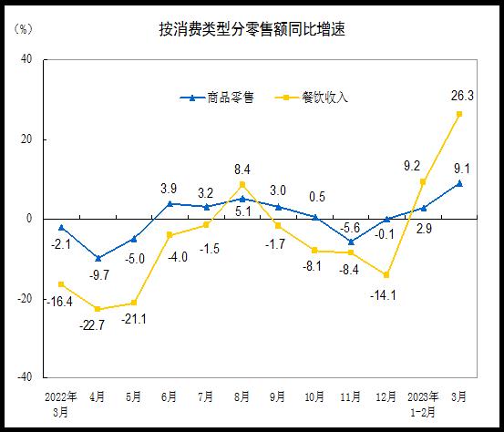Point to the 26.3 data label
pyautogui.click(x=459, y=93)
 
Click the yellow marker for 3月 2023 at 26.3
pyautogui.click(x=459, y=114)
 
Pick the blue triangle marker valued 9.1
pyautogui.click(x=459, y=183)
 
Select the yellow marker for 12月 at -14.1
pyautogui.click(x=387, y=274)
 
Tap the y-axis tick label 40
pyautogui.click(x=26, y=60)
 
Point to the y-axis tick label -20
pyautogui.click(x=25, y=298)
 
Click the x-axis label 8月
pyautogui.click(x=242, y=397)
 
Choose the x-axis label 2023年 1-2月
pyautogui.click(x=423, y=404)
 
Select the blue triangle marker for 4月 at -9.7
pyautogui.click(x=98, y=258)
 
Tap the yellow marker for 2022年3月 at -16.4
pyautogui.click(x=61, y=284)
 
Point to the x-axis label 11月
pyautogui.click(x=351, y=397)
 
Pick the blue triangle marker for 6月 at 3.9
pyautogui.click(x=170, y=203)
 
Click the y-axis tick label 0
pyautogui.click(x=30, y=219)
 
